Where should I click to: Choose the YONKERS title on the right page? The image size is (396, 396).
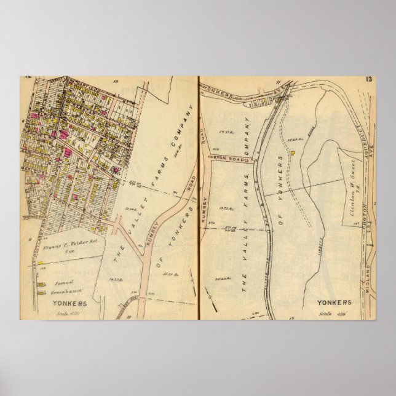335,303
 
